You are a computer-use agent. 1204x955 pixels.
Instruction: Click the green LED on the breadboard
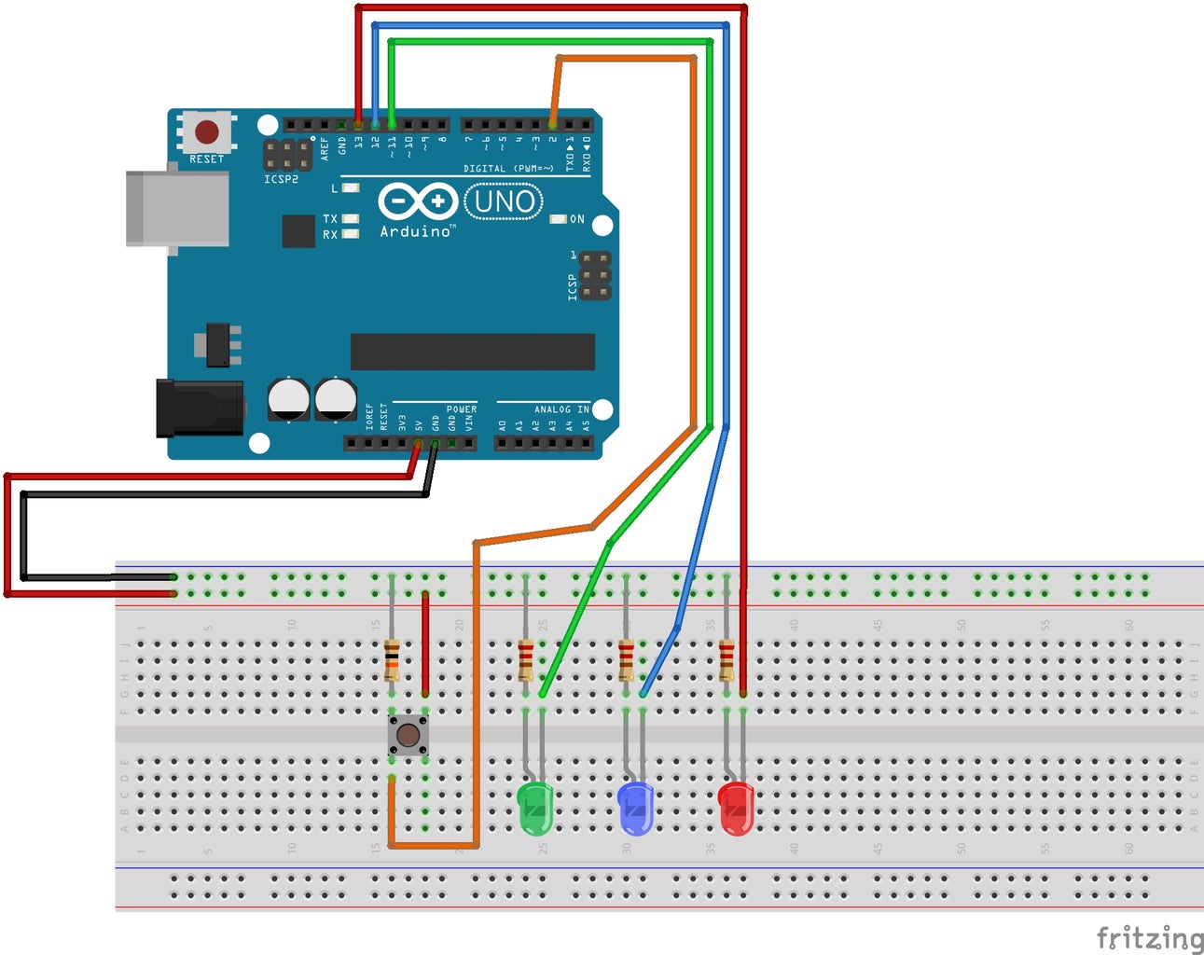pos(534,808)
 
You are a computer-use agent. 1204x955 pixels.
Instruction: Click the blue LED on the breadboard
pos(635,808)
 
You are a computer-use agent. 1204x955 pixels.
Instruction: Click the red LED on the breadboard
pos(736,808)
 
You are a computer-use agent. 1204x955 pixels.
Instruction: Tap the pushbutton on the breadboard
pos(408,736)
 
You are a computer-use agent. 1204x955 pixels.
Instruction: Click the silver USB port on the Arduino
pos(177,208)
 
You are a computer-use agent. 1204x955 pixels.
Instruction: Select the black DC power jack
pos(200,408)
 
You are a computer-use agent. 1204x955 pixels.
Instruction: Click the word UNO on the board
pos(504,201)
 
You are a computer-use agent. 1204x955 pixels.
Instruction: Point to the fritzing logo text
pos(1149,937)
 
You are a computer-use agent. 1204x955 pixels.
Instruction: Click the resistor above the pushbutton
pos(392,659)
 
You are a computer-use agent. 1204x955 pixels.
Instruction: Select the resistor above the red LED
pos(727,659)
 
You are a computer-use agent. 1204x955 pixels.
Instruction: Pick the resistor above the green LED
pos(526,659)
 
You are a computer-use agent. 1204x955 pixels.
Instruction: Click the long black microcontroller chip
pos(472,352)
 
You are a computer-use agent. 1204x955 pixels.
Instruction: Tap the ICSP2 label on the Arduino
pos(281,179)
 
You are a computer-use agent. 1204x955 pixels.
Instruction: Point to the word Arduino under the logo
pos(415,231)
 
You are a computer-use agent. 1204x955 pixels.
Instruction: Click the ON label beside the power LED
pos(577,219)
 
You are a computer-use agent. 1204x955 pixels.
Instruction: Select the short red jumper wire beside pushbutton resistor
pos(426,644)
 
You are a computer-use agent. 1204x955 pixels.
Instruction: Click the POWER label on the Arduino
pos(461,409)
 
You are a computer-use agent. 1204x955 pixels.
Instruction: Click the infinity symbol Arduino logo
pos(417,201)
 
